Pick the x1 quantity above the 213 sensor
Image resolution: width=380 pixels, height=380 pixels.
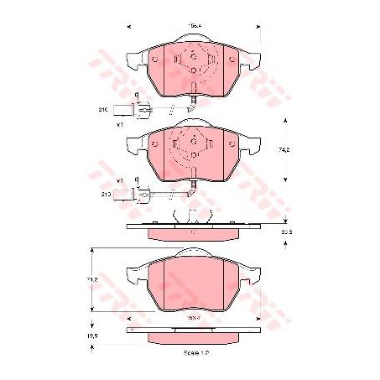click(121, 180)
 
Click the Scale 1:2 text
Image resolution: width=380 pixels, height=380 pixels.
click(195, 353)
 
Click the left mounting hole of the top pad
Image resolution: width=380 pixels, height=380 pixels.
click(158, 58)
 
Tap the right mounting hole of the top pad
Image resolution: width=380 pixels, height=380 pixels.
click(232, 58)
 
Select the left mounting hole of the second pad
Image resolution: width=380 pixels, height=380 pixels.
click(158, 139)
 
